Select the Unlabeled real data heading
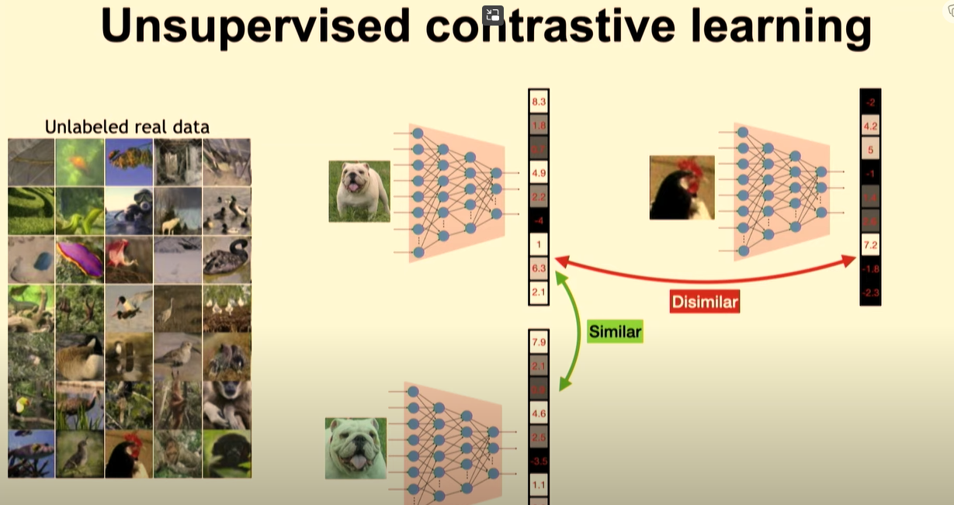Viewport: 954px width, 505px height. (x=127, y=126)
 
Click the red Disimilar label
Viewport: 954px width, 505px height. (x=704, y=302)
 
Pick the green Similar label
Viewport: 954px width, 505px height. (x=615, y=332)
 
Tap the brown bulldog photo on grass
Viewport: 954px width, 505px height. (x=359, y=191)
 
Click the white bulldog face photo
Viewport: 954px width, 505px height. (x=356, y=448)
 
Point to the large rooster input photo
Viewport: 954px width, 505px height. (x=682, y=188)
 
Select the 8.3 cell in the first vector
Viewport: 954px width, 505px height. (x=539, y=102)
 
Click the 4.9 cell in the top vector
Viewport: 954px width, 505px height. (x=539, y=172)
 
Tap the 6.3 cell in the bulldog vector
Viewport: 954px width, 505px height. (x=539, y=268)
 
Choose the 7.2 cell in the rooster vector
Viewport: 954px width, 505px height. (x=870, y=246)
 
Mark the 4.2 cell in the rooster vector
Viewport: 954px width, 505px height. (x=870, y=126)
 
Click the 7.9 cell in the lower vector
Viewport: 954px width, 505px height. (x=539, y=342)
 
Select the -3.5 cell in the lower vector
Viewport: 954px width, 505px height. (x=539, y=461)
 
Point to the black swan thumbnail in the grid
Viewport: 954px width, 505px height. (x=227, y=259)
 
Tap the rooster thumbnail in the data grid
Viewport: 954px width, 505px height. (x=129, y=454)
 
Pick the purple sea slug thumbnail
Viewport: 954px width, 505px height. (x=80, y=259)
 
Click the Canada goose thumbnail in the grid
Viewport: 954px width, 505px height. (x=80, y=357)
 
